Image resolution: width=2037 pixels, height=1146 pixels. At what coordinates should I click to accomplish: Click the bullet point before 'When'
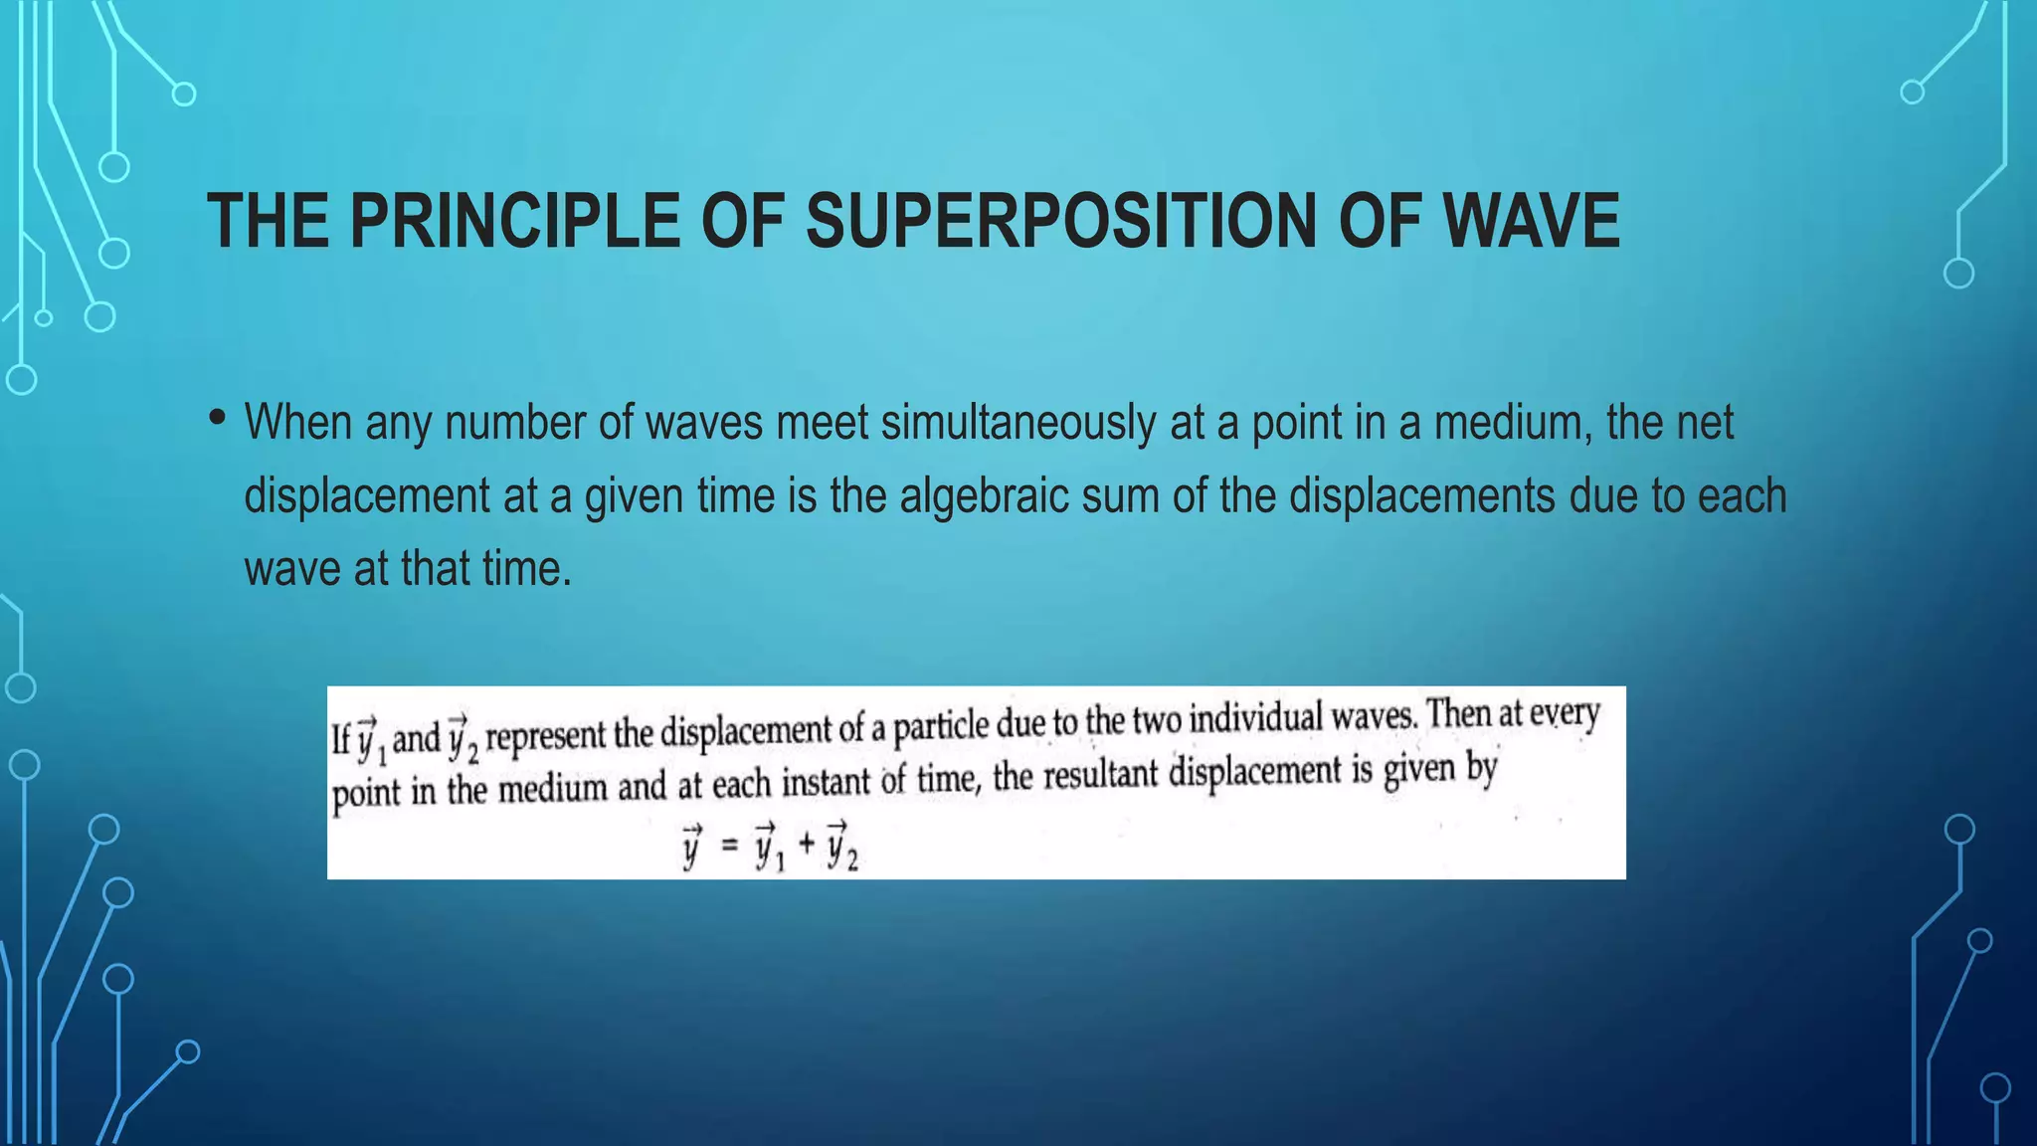tap(217, 418)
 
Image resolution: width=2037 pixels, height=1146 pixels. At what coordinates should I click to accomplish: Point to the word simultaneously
tap(1018, 423)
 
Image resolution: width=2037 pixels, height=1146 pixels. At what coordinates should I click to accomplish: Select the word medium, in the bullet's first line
tap(1513, 423)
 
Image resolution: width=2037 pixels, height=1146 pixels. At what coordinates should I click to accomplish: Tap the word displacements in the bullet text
tap(1421, 495)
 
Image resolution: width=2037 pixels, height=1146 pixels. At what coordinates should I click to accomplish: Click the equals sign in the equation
tap(731, 847)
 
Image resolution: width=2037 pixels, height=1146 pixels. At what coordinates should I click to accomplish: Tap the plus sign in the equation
tap(807, 845)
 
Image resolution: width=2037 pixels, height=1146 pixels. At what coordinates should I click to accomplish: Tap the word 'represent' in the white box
tap(545, 736)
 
